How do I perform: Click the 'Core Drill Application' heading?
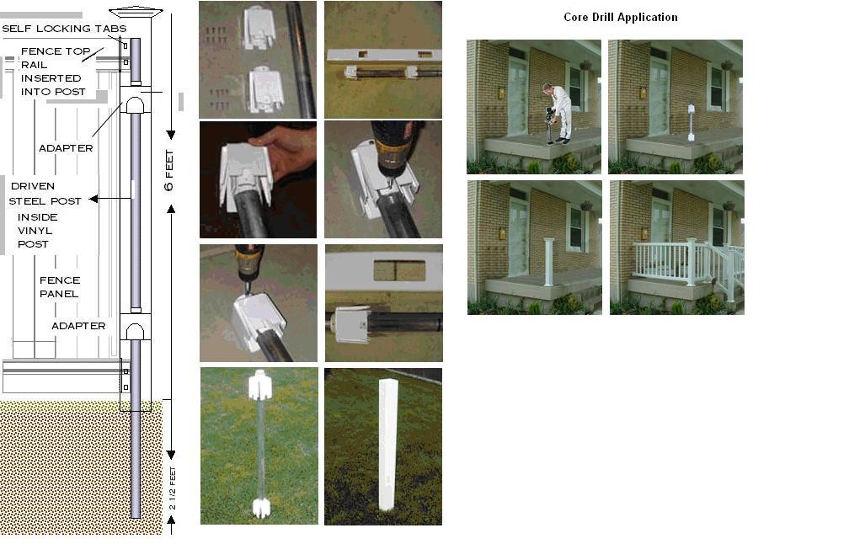point(621,17)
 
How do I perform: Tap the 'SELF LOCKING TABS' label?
point(64,28)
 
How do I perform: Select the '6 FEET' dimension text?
point(168,170)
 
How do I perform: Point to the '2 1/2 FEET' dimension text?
point(173,488)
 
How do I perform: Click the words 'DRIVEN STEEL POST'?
point(45,194)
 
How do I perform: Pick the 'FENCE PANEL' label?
point(60,287)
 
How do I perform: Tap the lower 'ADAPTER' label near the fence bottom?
point(78,326)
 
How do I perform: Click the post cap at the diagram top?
point(136,12)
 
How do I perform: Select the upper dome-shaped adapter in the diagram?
point(135,104)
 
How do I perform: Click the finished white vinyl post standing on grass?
point(387,444)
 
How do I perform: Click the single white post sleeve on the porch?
point(548,262)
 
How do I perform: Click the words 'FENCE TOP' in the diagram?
point(56,51)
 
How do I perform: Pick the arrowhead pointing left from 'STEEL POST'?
point(93,199)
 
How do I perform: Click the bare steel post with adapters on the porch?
point(690,122)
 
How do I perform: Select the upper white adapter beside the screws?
point(258,28)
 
